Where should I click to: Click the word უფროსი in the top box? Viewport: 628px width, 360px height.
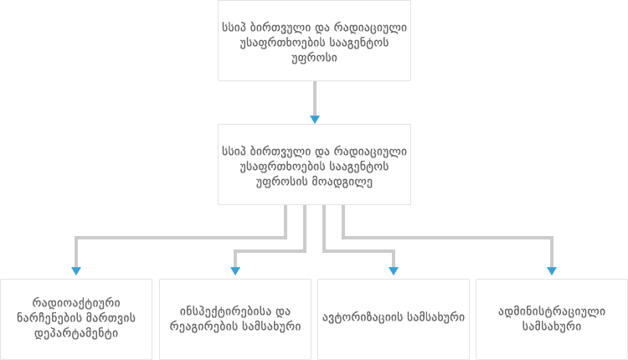coord(314,58)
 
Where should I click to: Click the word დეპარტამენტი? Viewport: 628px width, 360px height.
coord(76,333)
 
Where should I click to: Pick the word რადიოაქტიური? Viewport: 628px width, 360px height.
coord(76,303)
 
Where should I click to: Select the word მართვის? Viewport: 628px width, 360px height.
coord(111,318)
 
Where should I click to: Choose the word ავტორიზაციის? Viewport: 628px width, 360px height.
coord(363,317)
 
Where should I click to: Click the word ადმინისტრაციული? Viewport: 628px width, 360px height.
coord(552,311)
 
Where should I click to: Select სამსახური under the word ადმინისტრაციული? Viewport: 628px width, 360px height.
coord(552,327)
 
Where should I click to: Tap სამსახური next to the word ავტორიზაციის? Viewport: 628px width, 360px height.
coord(436,317)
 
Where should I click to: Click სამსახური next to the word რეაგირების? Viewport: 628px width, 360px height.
coord(270,327)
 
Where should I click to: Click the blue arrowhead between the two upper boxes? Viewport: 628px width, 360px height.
coord(315,120)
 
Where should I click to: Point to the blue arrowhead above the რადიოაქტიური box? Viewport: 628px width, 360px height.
coord(76,270)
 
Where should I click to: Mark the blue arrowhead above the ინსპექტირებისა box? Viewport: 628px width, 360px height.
coord(235,270)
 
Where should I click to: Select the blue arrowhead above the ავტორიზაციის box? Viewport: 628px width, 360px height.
coord(394,270)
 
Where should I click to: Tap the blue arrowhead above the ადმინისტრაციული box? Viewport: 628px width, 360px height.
coord(552,270)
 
